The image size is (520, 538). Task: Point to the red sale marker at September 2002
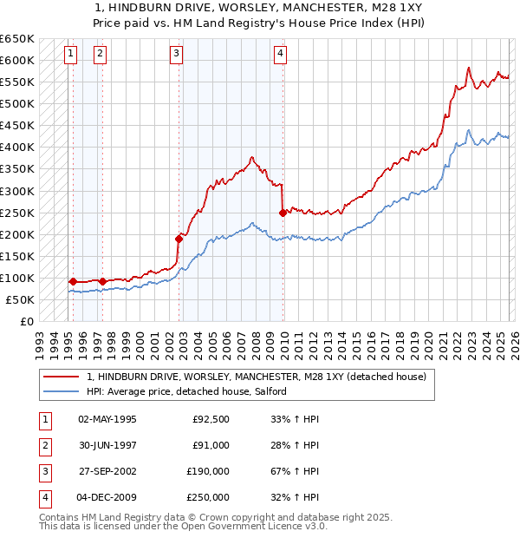tap(179, 239)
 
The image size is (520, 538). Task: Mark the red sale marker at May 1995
tap(73, 281)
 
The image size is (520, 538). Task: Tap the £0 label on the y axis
tap(27, 322)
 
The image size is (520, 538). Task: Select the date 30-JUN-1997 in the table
tap(107, 445)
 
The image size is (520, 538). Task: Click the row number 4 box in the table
tap(44, 497)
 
